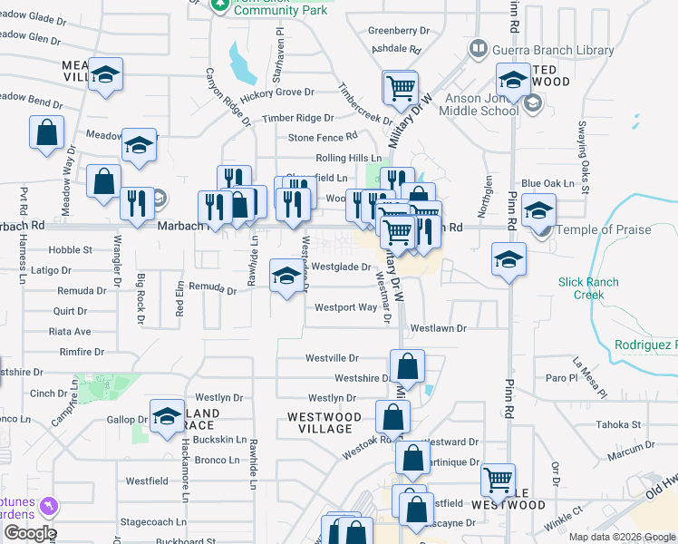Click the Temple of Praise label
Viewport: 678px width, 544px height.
[605, 229]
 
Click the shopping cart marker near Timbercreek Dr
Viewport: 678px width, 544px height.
[399, 89]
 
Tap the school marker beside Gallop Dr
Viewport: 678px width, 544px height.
[167, 416]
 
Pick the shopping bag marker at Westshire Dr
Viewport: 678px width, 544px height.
[408, 367]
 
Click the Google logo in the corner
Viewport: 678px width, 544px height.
[29, 533]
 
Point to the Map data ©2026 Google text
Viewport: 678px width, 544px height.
[621, 537]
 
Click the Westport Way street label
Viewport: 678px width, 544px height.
[345, 307]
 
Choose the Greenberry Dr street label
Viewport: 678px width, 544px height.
[399, 30]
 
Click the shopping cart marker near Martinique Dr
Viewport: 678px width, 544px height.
[498, 480]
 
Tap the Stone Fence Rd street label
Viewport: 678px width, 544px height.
[323, 138]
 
